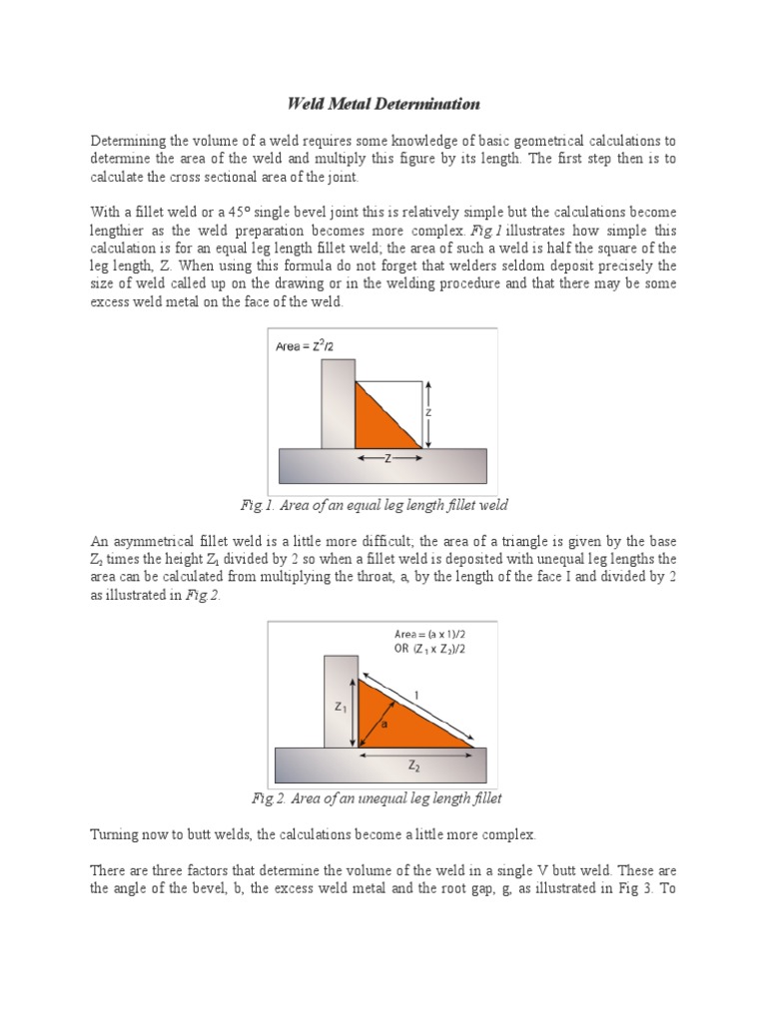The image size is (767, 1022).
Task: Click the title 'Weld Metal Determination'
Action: pyautogui.click(x=383, y=104)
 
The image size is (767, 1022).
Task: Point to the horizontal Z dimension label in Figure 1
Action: pyautogui.click(x=387, y=459)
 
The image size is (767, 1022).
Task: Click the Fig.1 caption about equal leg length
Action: pyautogui.click(x=383, y=505)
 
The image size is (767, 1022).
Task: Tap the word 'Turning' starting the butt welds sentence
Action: pyautogui.click(x=116, y=833)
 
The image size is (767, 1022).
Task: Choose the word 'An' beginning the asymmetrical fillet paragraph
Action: pyautogui.click(x=99, y=540)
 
